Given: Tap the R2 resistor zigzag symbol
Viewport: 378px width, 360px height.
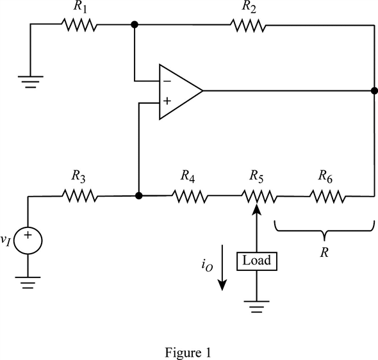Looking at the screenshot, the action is [x=249, y=25].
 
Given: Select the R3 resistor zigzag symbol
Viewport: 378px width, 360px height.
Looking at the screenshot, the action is [x=80, y=195].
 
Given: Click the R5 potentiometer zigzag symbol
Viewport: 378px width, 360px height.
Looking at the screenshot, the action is [x=258, y=197].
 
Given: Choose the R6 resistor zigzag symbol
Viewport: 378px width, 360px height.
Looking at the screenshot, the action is [x=327, y=197].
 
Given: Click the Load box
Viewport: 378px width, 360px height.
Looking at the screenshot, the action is [x=257, y=261].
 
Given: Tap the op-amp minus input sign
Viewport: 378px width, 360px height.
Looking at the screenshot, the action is [x=167, y=81].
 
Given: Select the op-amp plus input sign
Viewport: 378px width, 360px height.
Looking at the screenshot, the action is [x=167, y=101].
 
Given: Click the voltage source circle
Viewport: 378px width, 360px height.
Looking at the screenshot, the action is [x=28, y=240].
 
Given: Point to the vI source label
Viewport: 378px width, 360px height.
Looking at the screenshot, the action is [x=6, y=240].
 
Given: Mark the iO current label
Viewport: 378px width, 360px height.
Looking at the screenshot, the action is [x=207, y=266].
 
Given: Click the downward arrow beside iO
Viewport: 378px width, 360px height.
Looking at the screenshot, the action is [x=222, y=268].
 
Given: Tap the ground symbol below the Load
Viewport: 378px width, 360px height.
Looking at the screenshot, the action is [x=256, y=306].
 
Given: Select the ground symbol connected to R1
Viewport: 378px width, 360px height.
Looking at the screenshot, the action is [x=31, y=82].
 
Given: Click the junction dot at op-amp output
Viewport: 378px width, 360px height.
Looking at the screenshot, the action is [x=374, y=91].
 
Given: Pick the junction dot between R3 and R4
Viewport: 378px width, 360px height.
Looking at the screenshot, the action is [x=138, y=195].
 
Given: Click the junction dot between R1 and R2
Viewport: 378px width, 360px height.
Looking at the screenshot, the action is [x=135, y=24].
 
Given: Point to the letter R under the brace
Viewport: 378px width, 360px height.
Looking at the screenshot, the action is [x=324, y=253].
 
